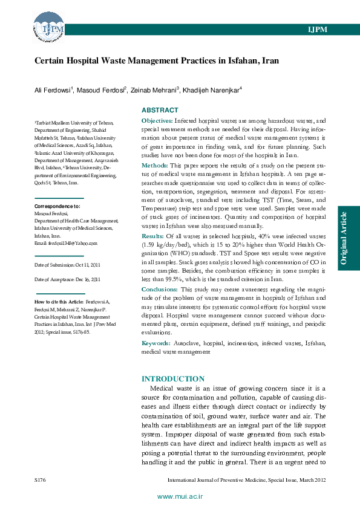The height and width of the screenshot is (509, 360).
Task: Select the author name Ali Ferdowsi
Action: tap(53, 90)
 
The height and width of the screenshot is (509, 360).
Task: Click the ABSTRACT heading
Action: tap(160, 110)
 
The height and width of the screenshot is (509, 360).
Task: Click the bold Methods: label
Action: tap(154, 165)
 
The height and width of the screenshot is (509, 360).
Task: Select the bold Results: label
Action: tap(152, 235)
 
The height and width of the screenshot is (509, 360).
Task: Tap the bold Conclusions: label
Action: tap(159, 290)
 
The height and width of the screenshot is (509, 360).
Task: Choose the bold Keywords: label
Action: tap(156, 343)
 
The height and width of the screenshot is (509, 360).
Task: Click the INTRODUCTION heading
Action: tap(173, 378)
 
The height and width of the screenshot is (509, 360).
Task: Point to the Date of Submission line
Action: tap(67, 265)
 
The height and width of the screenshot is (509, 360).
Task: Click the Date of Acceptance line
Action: tap(67, 279)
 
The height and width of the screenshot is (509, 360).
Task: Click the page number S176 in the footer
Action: tap(41, 479)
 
